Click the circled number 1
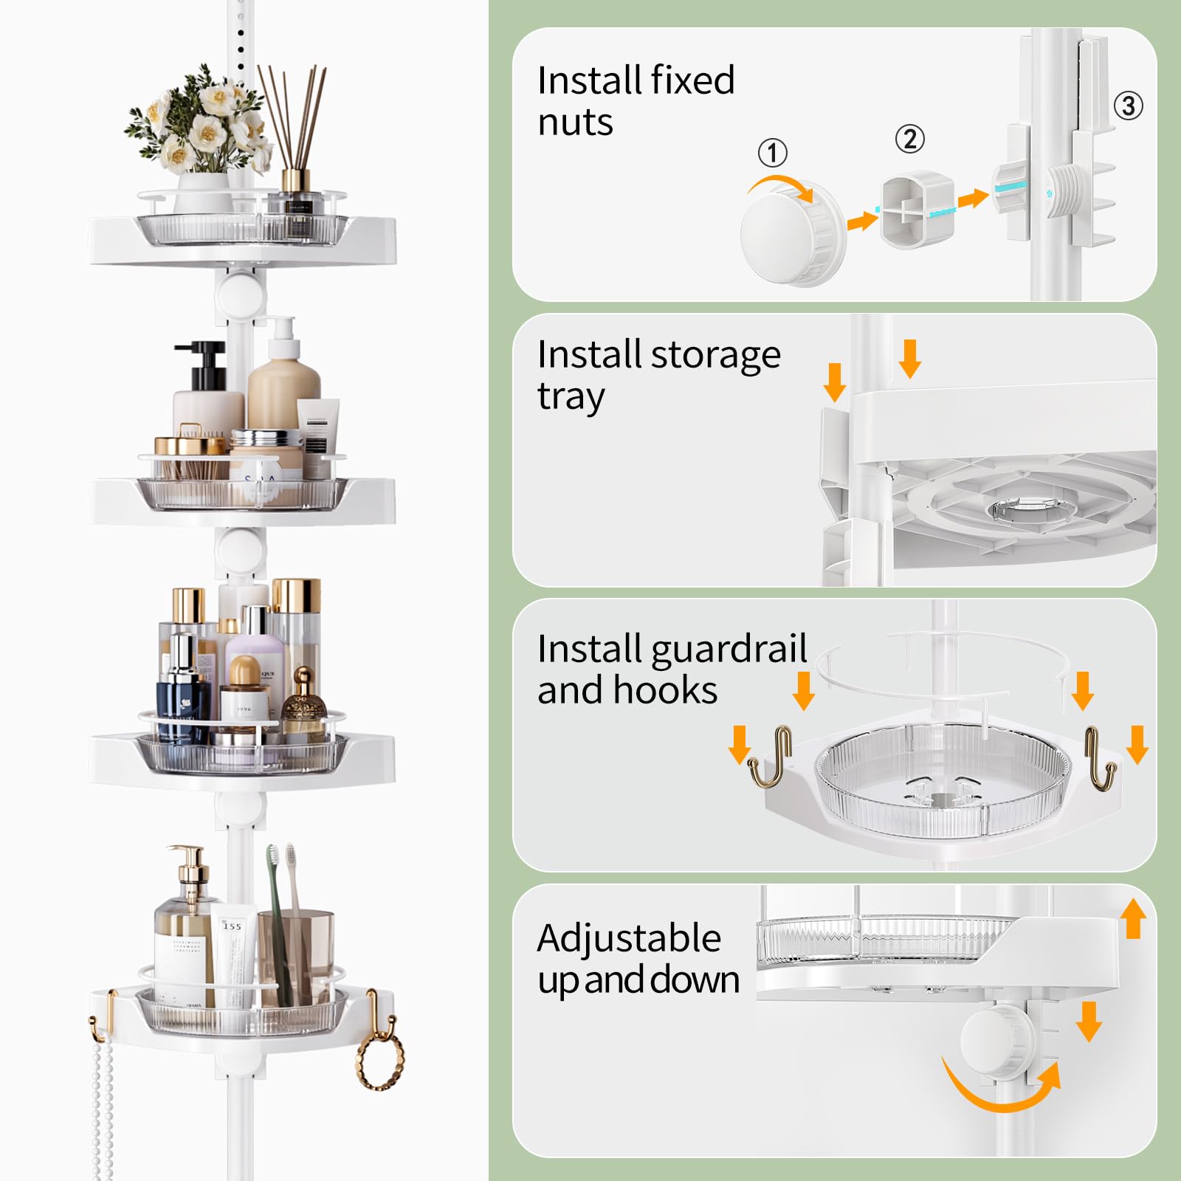pos(773,153)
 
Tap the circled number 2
pos(909,139)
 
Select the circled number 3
pos(1128,106)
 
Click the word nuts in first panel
pos(575,123)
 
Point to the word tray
pos(571,397)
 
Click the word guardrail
pos(729,649)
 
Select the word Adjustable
pos(629,939)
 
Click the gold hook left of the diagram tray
pos(771,757)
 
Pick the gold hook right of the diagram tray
pos(1100,757)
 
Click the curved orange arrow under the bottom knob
pos(1000,1089)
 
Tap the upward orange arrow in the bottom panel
pos(1133,919)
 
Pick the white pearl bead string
pos(103,1100)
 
